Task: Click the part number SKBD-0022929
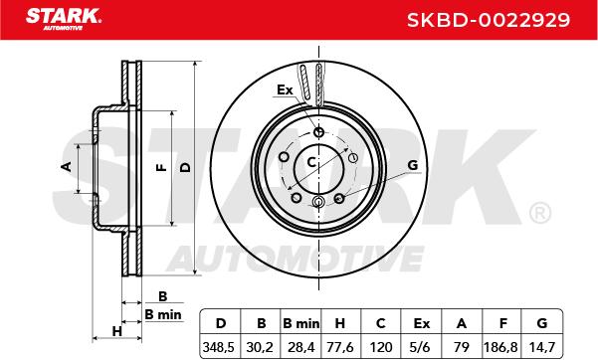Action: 489,20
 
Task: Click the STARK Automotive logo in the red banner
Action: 64,19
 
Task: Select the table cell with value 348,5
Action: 219,347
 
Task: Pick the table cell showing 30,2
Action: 260,347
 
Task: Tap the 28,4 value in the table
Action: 300,347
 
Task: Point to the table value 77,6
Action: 340,347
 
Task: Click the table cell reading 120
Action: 381,347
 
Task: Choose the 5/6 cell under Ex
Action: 421,347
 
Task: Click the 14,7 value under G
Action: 541,347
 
